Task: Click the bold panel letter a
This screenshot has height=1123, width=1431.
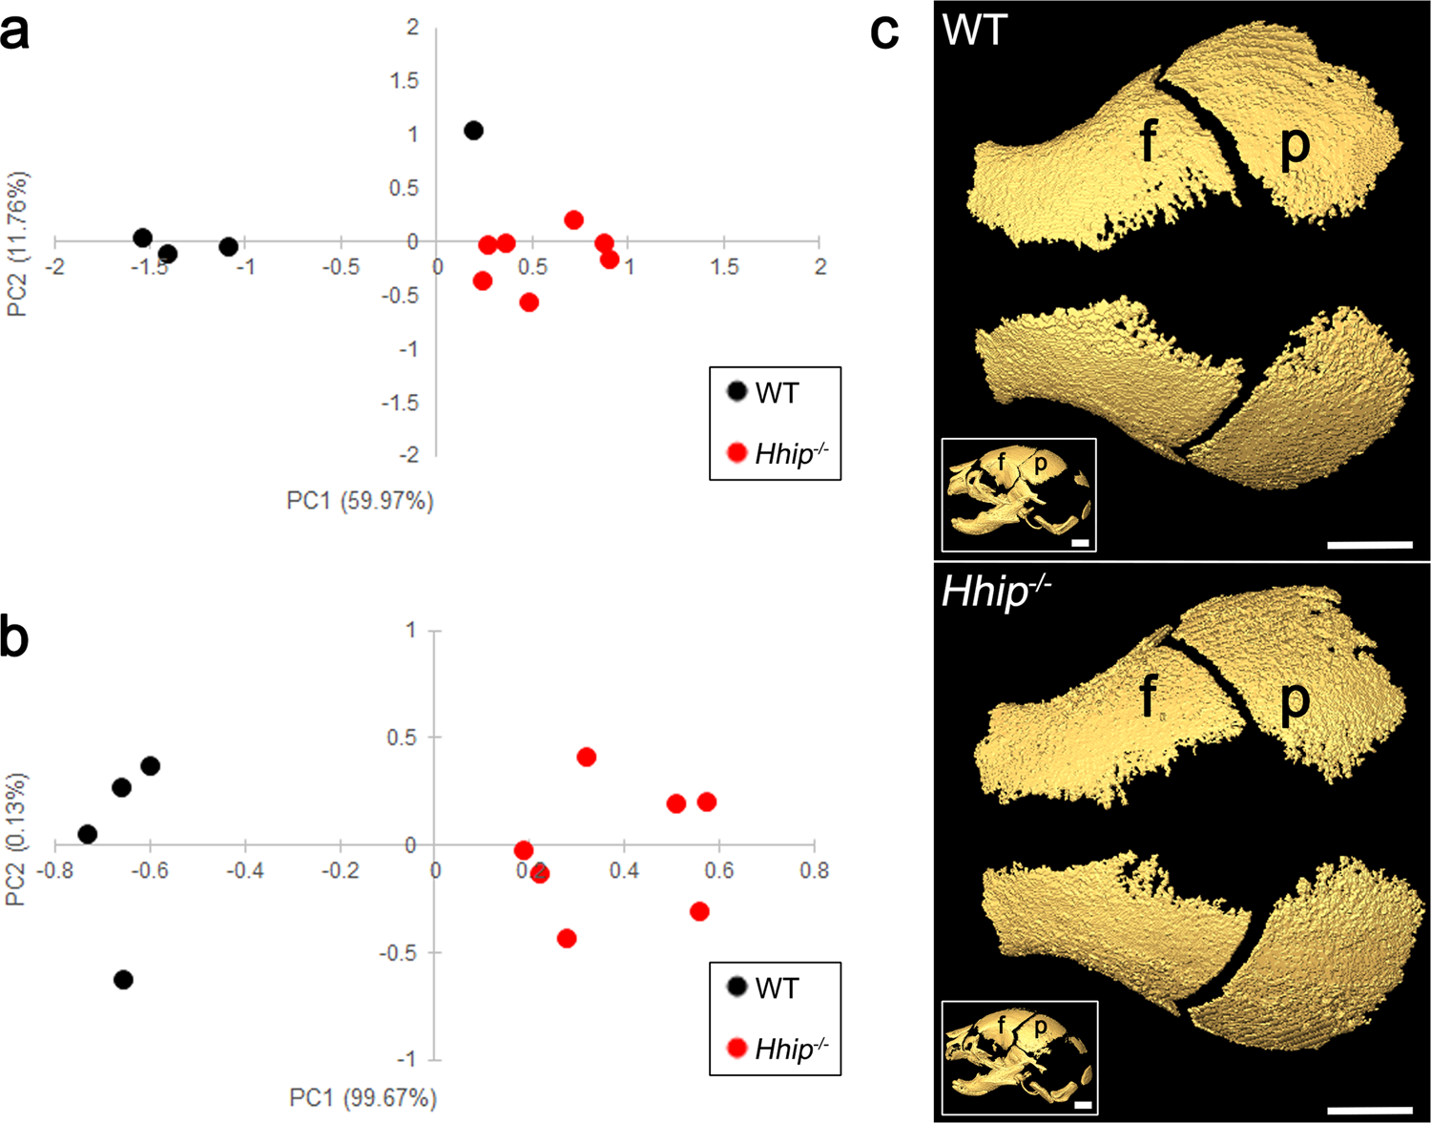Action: [x=15, y=34]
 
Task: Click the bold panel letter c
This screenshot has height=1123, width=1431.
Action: [x=884, y=32]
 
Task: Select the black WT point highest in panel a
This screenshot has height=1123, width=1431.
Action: [x=473, y=131]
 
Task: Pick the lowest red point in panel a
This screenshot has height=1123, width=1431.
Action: [x=529, y=302]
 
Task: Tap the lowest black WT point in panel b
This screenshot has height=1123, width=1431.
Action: [x=123, y=980]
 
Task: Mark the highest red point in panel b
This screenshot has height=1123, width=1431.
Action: [x=587, y=757]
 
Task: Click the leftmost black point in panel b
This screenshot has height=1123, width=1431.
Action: [x=87, y=834]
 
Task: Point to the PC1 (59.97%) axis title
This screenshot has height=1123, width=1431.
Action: [x=360, y=501]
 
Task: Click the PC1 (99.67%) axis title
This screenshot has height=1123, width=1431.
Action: [x=363, y=1098]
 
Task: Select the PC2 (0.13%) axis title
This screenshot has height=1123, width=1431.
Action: [x=16, y=840]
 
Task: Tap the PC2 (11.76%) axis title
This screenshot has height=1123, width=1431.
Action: [x=16, y=243]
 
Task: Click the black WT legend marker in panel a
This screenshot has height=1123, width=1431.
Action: [x=736, y=391]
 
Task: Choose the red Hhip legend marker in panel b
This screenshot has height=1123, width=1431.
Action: [x=736, y=1049]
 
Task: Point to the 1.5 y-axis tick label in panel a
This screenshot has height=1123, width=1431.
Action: [x=404, y=81]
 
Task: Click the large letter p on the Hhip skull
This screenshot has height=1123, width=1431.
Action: [x=1295, y=701]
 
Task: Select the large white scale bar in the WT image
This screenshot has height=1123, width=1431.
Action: [x=1369, y=545]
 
